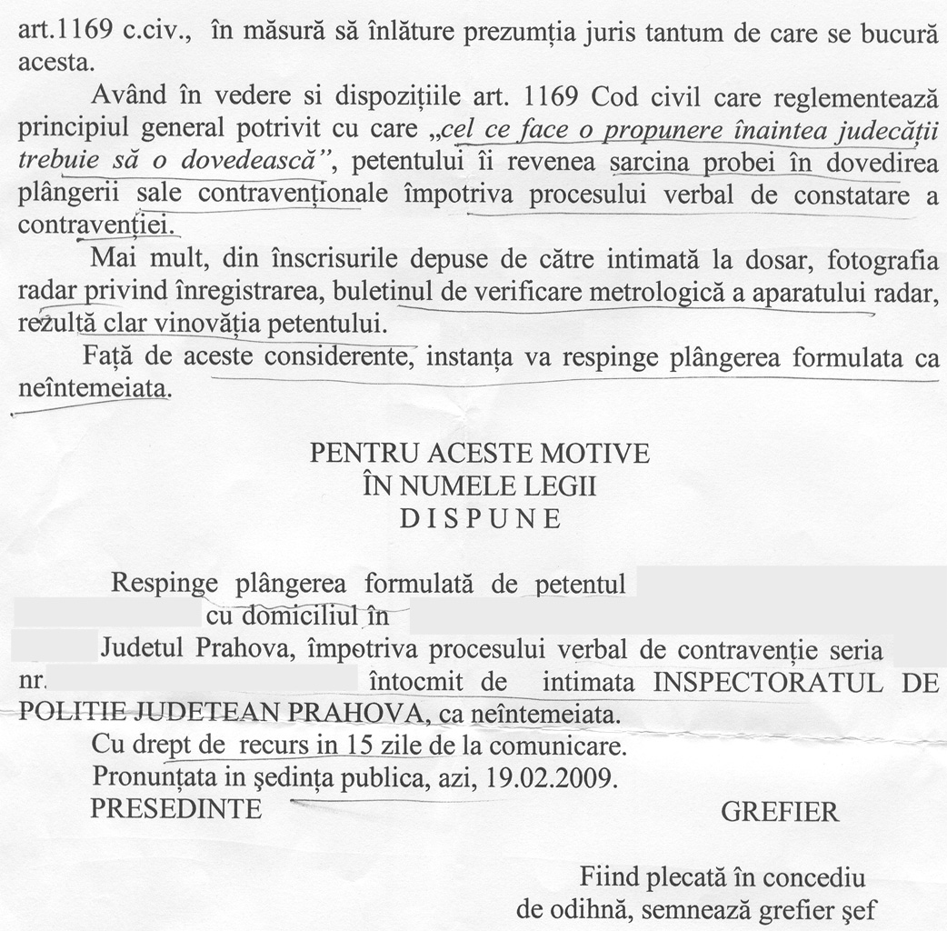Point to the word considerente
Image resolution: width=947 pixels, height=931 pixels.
click(x=339, y=356)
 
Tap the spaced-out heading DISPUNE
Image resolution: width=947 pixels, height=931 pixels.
click(x=480, y=518)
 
